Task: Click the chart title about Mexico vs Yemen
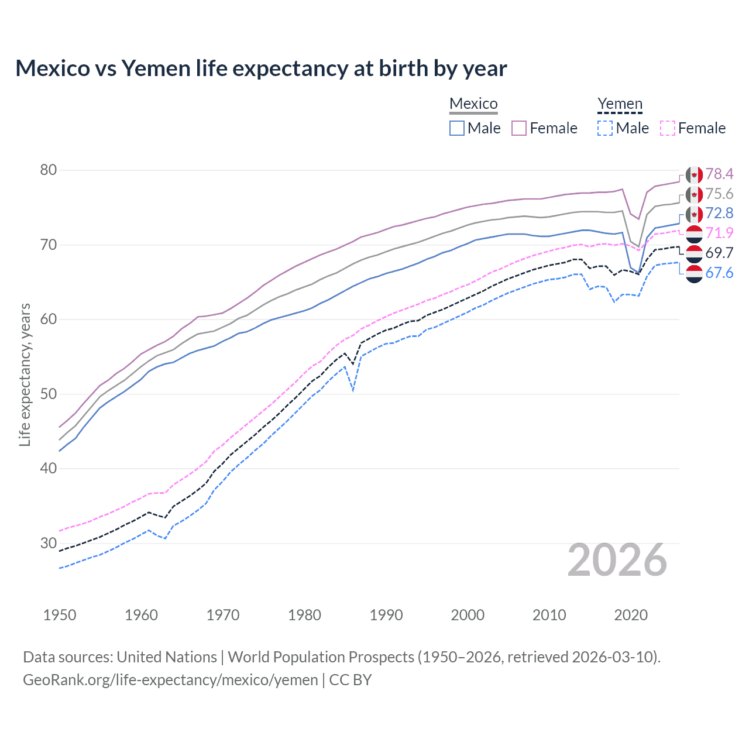261,68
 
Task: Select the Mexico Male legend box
457,128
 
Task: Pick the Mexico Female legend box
519,128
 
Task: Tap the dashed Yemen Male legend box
605,128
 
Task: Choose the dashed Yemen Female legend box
668,128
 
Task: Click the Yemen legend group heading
620,104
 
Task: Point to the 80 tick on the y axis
49,170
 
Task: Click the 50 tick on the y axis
49,394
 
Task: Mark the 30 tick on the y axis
49,543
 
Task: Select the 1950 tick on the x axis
60,615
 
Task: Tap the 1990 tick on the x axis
386,615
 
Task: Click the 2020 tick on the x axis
631,615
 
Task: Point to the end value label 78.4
719,174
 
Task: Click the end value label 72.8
719,213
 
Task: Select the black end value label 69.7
719,253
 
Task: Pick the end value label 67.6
719,273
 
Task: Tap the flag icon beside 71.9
694,233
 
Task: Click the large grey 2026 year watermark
617,561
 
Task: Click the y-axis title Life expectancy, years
25,374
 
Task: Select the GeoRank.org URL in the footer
170,680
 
